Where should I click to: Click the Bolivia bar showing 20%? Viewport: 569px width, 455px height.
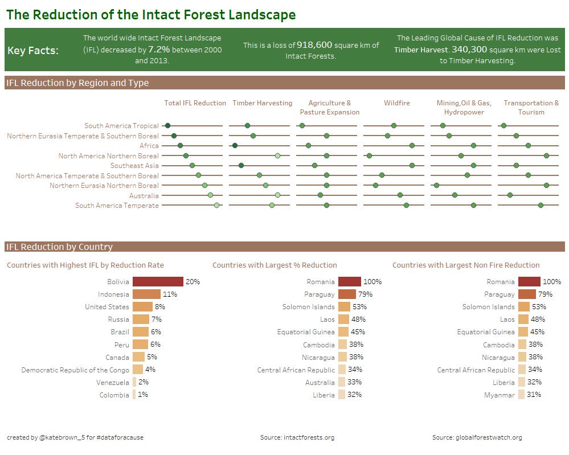pos(158,281)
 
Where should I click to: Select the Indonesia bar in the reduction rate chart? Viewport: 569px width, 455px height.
pos(146,294)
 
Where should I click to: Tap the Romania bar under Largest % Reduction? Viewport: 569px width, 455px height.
pos(349,281)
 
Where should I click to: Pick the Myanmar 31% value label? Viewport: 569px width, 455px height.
pos(534,395)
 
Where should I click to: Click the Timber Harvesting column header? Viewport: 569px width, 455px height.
pos(262,103)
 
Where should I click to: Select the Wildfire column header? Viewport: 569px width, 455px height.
pos(396,103)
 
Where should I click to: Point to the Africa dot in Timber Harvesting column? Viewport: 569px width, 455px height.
pos(235,146)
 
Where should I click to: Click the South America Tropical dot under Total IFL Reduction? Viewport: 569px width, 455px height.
pos(167,125)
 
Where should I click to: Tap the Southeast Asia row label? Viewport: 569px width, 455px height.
pos(134,166)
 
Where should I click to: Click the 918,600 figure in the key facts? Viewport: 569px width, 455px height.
pos(314,45)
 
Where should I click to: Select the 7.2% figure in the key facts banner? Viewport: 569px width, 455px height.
pos(159,50)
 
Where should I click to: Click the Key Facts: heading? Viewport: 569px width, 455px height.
pos(33,51)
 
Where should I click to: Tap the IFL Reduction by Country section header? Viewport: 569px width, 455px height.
pos(59,247)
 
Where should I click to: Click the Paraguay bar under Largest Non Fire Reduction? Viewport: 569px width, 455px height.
pos(527,294)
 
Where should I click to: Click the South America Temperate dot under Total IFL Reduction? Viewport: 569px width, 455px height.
pos(216,205)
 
